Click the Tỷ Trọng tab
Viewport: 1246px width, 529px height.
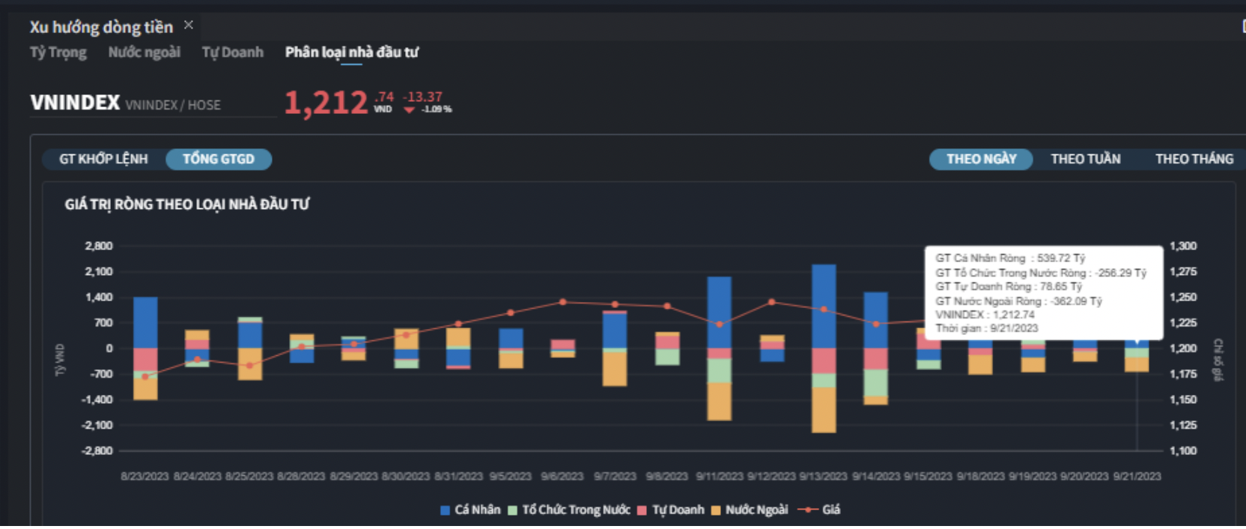(x=58, y=52)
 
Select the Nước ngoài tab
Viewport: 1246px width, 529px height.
(x=144, y=52)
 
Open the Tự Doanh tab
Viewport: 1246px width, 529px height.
(x=232, y=52)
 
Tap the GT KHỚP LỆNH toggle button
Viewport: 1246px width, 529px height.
(x=103, y=159)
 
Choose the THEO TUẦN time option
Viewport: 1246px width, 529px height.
(x=1085, y=159)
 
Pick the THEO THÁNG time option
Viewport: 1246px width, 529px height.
(x=1194, y=159)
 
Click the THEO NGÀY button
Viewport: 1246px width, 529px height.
(x=981, y=159)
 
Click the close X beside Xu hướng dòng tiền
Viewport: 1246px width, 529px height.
(x=189, y=25)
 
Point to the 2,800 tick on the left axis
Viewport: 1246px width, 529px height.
(x=99, y=246)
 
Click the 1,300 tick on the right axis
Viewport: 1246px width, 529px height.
(x=1183, y=246)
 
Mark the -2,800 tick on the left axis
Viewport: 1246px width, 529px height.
(x=97, y=450)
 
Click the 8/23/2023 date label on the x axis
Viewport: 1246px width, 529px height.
(x=145, y=476)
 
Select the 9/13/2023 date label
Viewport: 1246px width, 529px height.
(x=823, y=476)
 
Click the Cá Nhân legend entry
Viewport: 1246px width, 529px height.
(x=470, y=510)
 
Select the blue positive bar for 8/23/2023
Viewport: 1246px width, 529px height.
(x=145, y=322)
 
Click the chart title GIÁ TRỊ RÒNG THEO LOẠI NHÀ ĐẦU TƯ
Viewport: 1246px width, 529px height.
(x=186, y=204)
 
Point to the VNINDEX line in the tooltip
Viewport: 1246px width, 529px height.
(x=985, y=315)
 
